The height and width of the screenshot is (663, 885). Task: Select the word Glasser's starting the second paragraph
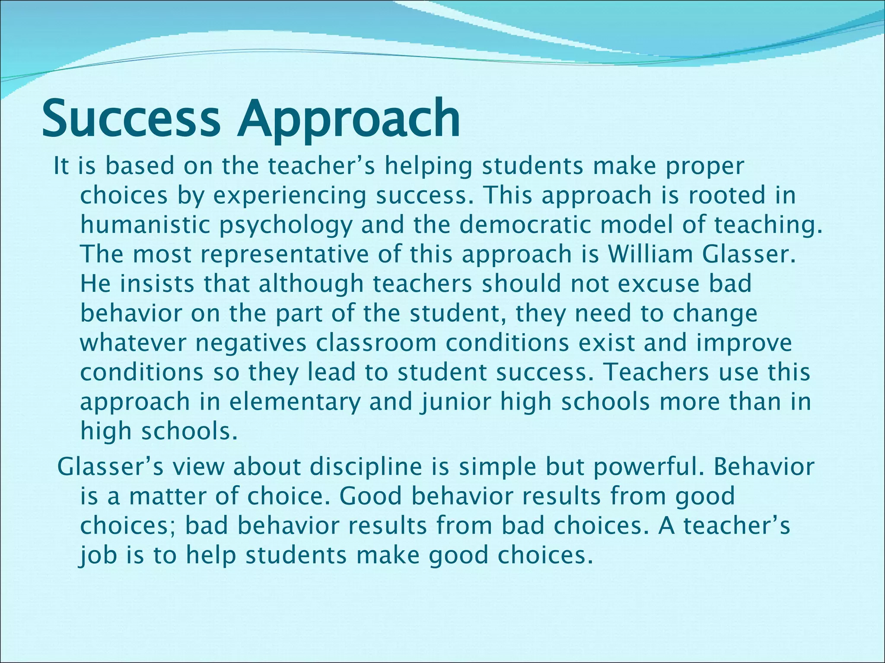point(110,467)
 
